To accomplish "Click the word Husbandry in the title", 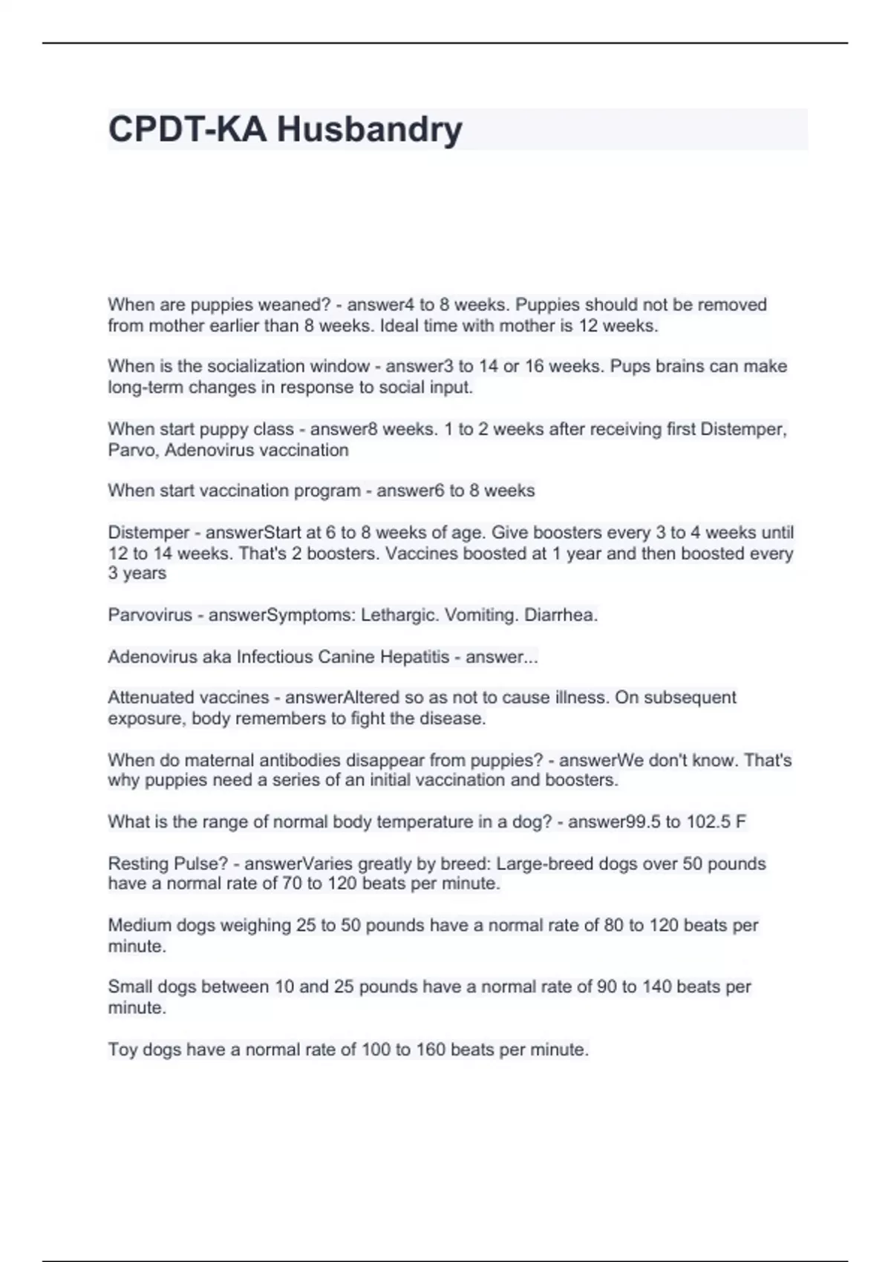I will click(370, 130).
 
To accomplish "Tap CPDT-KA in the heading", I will click(187, 130).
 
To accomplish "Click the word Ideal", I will click(399, 326).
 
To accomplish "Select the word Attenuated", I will click(151, 698).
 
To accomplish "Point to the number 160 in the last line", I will click(431, 1050).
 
